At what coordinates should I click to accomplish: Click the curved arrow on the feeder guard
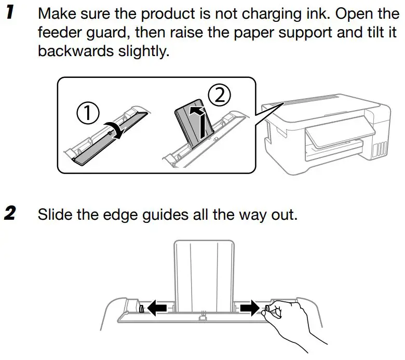(x=116, y=127)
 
